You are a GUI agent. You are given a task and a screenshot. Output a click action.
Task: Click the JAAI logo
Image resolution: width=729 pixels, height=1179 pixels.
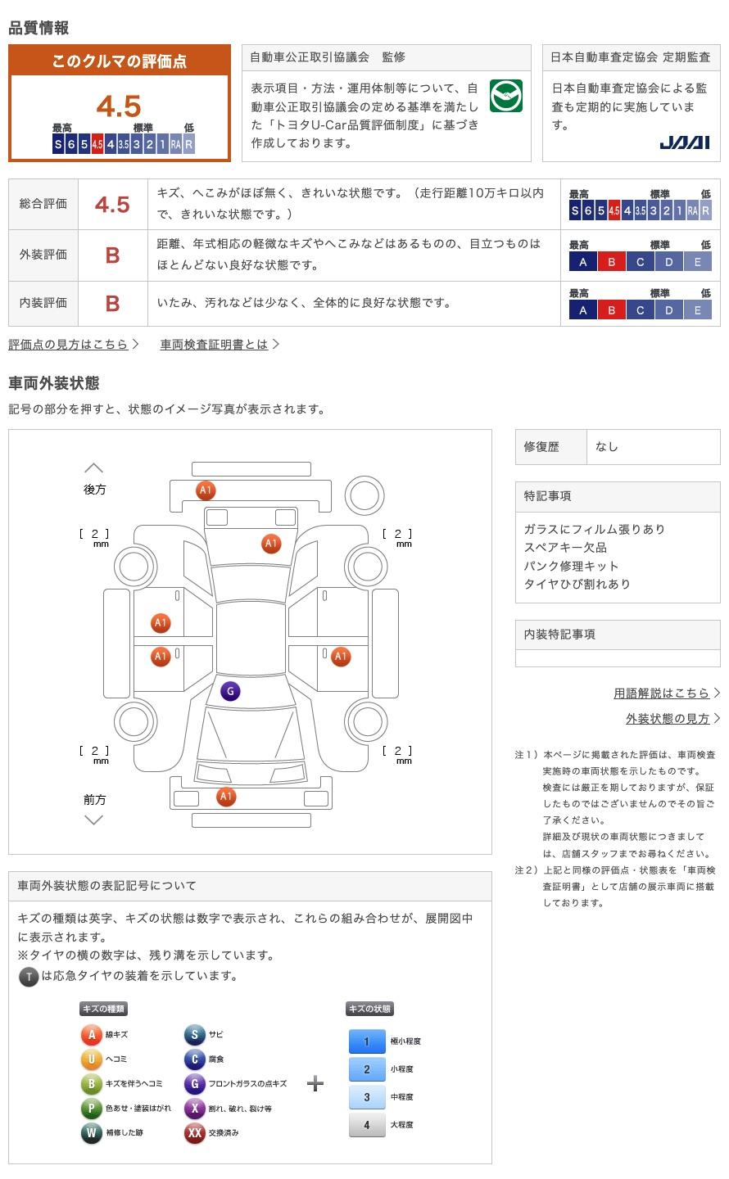684,142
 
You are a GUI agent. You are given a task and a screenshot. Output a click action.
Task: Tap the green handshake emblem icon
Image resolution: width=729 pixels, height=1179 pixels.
505,97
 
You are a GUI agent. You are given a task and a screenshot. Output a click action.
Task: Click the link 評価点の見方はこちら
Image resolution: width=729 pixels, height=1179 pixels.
69,345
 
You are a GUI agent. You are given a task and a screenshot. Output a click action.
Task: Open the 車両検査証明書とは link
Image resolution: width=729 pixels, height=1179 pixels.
215,345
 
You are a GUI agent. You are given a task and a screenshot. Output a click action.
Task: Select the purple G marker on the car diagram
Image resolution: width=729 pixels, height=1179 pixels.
230,692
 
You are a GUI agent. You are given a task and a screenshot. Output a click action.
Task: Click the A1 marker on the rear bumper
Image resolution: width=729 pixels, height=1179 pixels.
206,490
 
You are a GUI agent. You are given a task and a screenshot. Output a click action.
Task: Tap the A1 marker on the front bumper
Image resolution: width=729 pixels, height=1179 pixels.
226,797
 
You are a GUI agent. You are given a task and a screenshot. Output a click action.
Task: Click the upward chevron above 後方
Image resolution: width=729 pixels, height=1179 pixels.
94,468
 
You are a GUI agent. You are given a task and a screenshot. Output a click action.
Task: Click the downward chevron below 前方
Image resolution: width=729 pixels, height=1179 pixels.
94,820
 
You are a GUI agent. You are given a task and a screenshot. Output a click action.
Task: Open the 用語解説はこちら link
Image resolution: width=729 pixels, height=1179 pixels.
662,693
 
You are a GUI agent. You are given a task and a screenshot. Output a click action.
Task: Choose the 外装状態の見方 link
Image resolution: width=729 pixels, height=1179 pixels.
668,719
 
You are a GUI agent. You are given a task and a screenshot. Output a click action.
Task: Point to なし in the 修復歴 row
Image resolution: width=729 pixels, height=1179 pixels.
607,447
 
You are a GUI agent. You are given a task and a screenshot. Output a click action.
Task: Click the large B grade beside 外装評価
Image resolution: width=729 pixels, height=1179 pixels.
112,255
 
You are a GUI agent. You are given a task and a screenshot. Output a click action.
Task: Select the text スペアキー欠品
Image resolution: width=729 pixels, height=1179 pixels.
565,548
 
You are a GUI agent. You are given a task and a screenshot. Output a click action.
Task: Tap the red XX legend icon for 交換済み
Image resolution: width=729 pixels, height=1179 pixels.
194,1133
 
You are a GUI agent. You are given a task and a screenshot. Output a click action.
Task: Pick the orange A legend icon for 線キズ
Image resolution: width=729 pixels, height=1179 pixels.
91,1035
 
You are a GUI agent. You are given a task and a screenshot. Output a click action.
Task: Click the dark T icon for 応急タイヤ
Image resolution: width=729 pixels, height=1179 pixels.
29,976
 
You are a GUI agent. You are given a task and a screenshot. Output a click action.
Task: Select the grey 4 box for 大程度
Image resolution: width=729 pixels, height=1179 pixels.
367,1125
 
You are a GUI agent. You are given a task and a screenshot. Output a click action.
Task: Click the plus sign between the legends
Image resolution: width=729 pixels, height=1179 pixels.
315,1084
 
